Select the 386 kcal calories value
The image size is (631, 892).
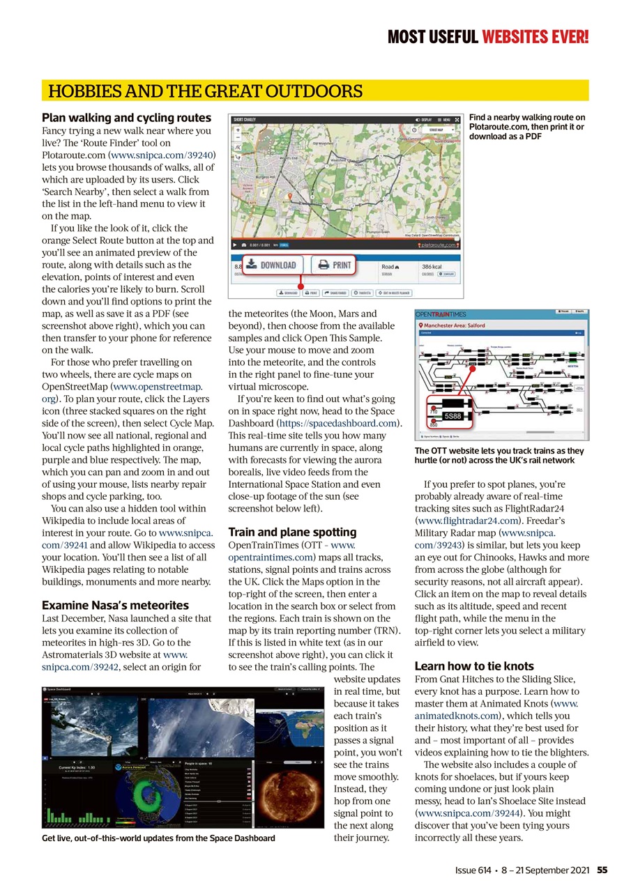[433, 267]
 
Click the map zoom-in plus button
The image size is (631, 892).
[238, 130]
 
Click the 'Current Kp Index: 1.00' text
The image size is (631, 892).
[76, 767]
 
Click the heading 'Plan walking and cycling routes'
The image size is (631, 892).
[126, 118]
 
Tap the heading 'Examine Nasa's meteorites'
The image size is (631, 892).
[115, 605]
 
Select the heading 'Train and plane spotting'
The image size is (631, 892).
[292, 532]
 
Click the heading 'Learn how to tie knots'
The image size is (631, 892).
[474, 666]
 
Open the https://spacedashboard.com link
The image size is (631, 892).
[339, 423]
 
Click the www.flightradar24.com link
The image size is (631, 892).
[466, 520]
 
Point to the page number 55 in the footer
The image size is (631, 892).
[602, 870]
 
